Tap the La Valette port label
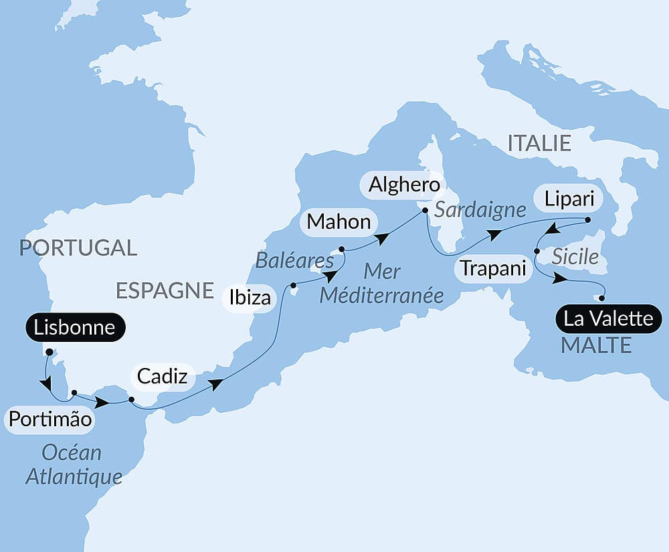pyautogui.click(x=608, y=318)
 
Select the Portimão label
pyautogui.click(x=49, y=420)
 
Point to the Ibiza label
pyautogui.click(x=250, y=297)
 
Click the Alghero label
pyautogui.click(x=403, y=185)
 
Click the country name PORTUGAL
pyautogui.click(x=78, y=248)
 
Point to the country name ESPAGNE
pyautogui.click(x=165, y=290)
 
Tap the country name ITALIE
pyautogui.click(x=539, y=143)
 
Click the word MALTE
pyautogui.click(x=597, y=345)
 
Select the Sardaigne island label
pyautogui.click(x=480, y=210)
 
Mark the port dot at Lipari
pyautogui.click(x=587, y=219)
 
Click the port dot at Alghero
pyautogui.click(x=425, y=211)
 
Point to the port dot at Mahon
pyautogui.click(x=342, y=250)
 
